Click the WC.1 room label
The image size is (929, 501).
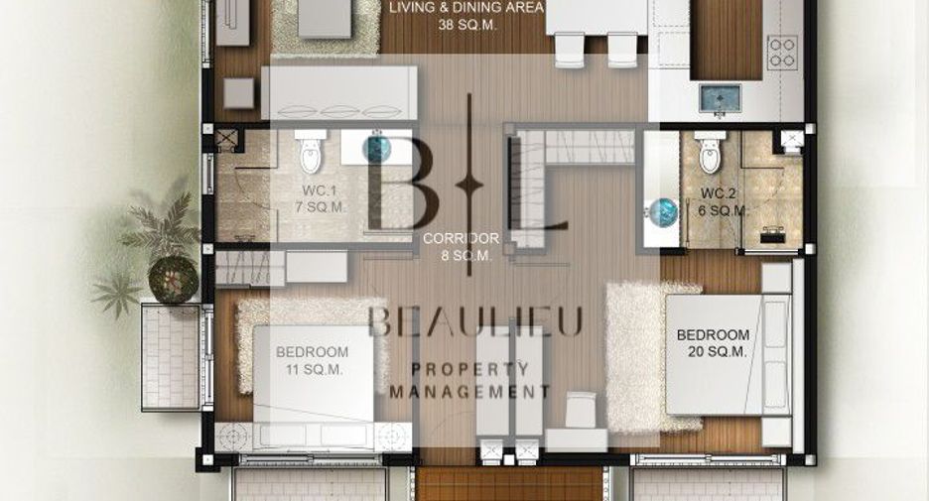pos(321,199)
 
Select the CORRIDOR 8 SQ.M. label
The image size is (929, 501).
pos(461,247)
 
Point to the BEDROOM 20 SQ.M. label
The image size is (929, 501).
pos(713,343)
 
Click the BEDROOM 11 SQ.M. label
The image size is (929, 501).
pos(313,361)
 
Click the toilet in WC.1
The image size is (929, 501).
pos(311,152)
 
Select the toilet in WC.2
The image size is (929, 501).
pos(710,152)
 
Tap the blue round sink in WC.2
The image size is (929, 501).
pos(664,212)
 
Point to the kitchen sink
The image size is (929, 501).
pos(720,98)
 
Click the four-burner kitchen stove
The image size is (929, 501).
pos(782,53)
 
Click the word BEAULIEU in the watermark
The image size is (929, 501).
pos(475,322)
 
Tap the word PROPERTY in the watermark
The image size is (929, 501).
pos(470,369)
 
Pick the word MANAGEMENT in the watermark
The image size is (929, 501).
pos(469,392)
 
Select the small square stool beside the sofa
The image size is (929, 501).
pos(239,93)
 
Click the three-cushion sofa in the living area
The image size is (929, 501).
pos(339,93)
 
